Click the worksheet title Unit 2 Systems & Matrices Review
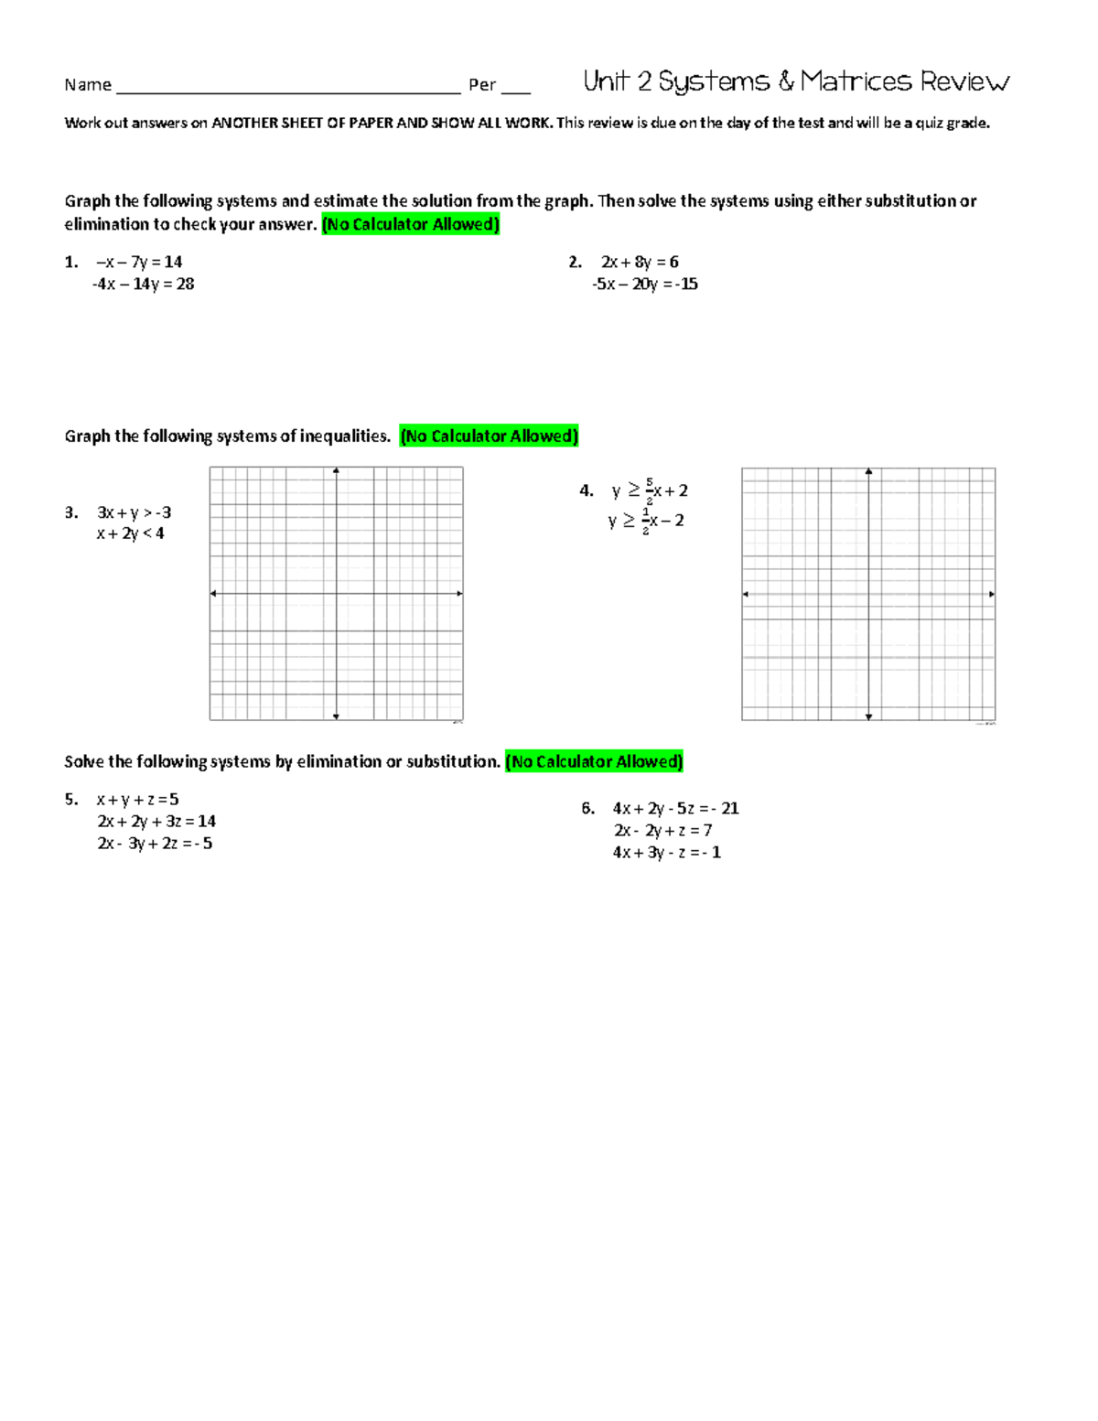[x=795, y=82]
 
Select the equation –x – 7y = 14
[x=139, y=263]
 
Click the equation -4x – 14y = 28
[x=143, y=285]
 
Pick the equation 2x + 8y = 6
[x=640, y=263]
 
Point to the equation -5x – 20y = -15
[x=645, y=285]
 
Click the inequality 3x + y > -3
[x=134, y=512]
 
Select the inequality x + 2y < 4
[x=130, y=533]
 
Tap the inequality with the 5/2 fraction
[x=650, y=491]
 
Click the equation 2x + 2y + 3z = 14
[x=156, y=822]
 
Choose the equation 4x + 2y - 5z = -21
[x=675, y=809]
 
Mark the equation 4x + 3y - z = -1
[x=667, y=853]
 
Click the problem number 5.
[x=70, y=800]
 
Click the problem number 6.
[x=587, y=809]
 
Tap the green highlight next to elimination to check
[x=411, y=225]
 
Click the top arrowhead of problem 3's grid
[x=337, y=471]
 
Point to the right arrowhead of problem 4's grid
[x=992, y=595]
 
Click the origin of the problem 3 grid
[x=337, y=594]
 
